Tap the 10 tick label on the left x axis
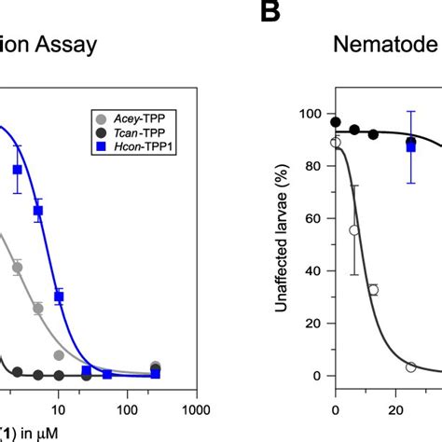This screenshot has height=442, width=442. click(59, 407)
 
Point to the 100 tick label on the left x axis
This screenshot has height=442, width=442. click(126, 407)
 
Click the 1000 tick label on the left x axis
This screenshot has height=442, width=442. click(195, 407)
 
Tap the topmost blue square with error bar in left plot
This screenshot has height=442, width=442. click(17, 169)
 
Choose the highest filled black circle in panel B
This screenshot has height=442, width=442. click(336, 121)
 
